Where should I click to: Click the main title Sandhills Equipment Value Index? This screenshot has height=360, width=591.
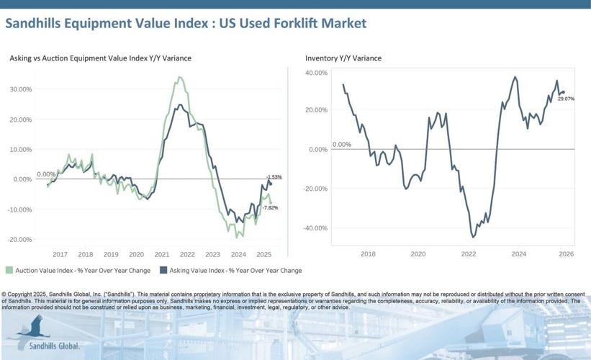click(x=185, y=23)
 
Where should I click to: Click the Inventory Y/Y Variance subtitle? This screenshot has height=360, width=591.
click(x=343, y=58)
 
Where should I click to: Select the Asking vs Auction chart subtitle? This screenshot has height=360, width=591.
click(x=100, y=58)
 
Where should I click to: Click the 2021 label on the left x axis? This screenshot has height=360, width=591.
click(x=162, y=254)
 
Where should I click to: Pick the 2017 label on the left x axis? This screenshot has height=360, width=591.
click(x=60, y=254)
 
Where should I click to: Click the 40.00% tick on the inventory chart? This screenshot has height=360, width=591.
click(x=316, y=73)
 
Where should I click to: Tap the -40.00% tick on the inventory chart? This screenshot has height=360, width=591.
click(x=315, y=228)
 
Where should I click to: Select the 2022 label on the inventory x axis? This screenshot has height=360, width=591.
click(x=468, y=254)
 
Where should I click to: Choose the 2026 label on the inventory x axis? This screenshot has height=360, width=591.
click(x=565, y=254)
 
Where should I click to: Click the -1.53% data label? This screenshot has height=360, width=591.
click(x=274, y=177)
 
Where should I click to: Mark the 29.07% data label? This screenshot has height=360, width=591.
click(x=566, y=98)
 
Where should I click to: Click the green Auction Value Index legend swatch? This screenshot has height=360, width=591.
click(x=9, y=271)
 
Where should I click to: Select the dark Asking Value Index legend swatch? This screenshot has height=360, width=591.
click(x=163, y=271)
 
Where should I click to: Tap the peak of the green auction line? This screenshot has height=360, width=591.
click(x=179, y=77)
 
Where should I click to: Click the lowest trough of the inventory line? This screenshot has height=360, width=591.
click(x=473, y=236)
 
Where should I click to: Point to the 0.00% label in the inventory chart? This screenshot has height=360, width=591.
click(x=341, y=144)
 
